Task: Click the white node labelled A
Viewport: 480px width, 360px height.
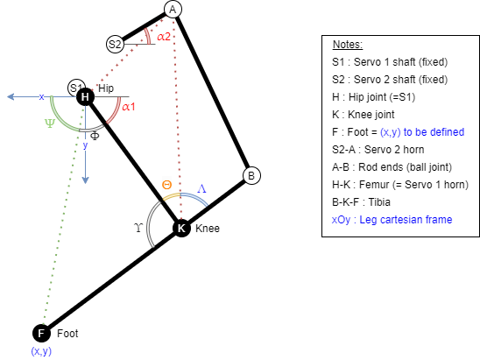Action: pos(173,10)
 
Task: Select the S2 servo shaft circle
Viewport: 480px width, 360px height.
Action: pos(115,44)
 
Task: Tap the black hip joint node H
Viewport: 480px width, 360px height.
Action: pos(86,97)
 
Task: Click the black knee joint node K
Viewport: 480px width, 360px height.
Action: pos(181,228)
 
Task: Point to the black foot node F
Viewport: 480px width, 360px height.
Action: pos(41,333)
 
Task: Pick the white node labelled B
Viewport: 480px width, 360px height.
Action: pos(251,176)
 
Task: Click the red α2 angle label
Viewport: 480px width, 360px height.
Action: pos(164,37)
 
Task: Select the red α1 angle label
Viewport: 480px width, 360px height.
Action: pos(129,107)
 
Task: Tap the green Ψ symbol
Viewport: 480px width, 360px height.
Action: pos(50,124)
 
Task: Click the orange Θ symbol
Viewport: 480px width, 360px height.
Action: pos(166,185)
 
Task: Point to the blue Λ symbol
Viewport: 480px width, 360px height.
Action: pos(201,188)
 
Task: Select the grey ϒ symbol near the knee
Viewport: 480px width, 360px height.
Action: pos(138,228)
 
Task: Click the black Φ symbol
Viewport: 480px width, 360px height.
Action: pos(95,136)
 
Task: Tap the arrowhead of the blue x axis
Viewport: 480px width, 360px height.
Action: pos(11,96)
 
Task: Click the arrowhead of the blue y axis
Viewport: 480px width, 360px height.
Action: pos(86,180)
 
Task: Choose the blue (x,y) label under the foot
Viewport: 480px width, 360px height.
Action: pos(41,351)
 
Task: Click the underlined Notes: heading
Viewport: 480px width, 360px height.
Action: pos(348,45)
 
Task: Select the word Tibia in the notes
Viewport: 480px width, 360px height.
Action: pos(379,202)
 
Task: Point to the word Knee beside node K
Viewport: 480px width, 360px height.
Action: pos(208,229)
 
